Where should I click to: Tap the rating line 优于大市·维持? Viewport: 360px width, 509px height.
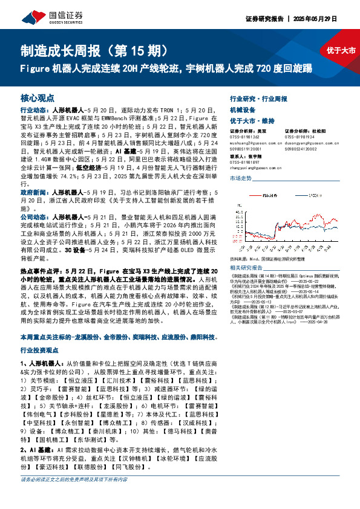tap(250, 121)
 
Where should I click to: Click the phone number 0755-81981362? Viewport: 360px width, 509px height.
tap(249, 137)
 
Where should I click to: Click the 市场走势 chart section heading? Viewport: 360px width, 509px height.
tap(241, 179)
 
